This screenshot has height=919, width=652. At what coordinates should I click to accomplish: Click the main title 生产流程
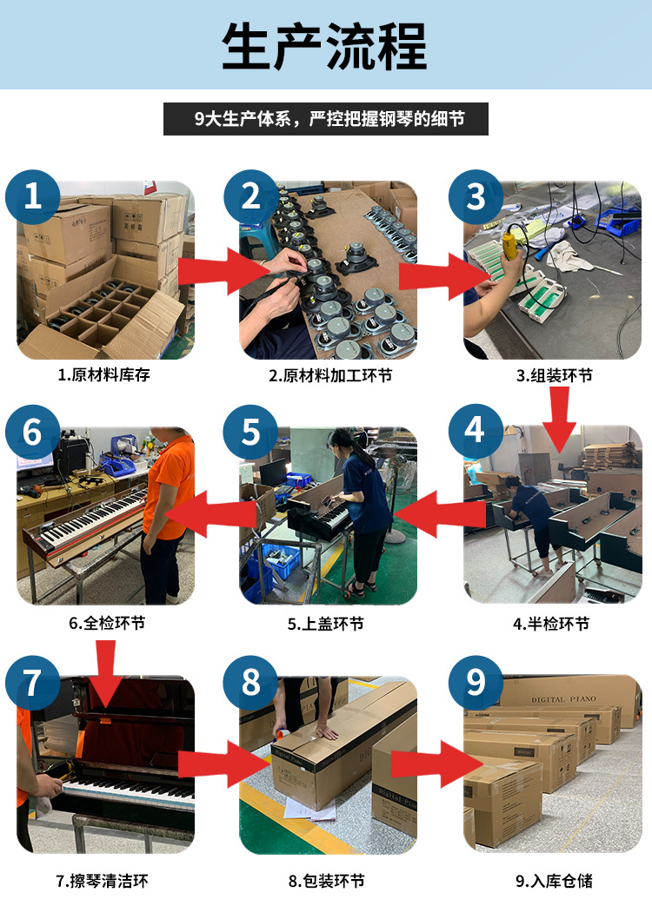click(x=324, y=46)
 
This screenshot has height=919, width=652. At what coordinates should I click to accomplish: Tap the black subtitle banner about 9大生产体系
click(x=325, y=119)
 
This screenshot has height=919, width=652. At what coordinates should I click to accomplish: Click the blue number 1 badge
click(x=33, y=196)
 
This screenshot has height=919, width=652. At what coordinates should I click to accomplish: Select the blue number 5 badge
click(x=250, y=432)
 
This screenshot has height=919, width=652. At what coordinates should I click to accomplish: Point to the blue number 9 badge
click(x=476, y=682)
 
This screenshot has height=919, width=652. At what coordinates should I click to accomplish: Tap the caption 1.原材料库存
click(x=103, y=374)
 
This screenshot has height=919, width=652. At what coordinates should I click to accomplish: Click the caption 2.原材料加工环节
click(x=330, y=375)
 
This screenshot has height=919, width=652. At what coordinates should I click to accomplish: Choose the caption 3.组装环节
click(x=554, y=375)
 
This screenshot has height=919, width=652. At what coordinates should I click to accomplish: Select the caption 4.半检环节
click(x=551, y=624)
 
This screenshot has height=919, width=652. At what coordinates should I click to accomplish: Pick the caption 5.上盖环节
click(x=325, y=624)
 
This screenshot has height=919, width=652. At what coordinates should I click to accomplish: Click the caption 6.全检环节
click(x=107, y=623)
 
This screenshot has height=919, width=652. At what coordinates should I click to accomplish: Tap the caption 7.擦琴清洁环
click(x=102, y=880)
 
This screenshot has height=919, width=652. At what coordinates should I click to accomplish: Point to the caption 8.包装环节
click(x=326, y=880)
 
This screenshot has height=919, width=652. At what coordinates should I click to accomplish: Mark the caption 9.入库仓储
click(x=554, y=880)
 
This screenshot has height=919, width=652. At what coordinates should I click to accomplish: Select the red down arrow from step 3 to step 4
click(x=559, y=419)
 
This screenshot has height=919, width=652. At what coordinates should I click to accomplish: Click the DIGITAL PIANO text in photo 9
click(x=563, y=698)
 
